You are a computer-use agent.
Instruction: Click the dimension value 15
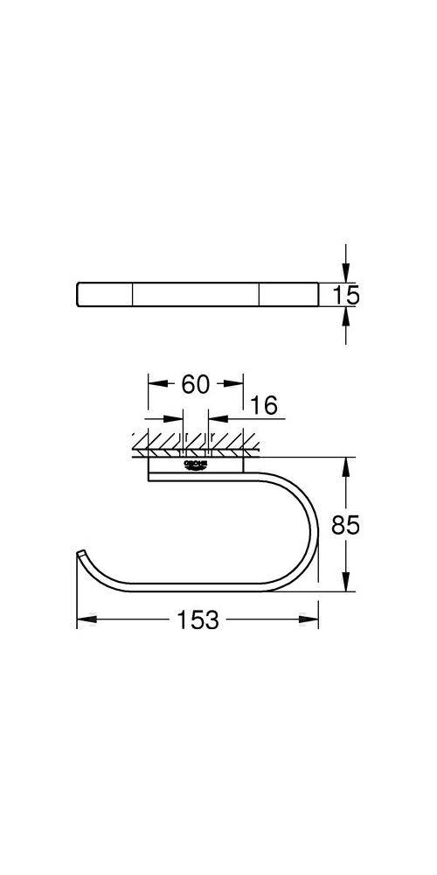[346, 295]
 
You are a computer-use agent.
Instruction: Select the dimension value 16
[263, 405]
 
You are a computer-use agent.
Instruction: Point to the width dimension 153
[198, 620]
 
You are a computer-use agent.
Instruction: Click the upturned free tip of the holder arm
[80, 553]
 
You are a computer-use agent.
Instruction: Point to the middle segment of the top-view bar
[197, 294]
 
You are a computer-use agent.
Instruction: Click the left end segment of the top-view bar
[104, 294]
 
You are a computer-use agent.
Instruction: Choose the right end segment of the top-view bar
[288, 294]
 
